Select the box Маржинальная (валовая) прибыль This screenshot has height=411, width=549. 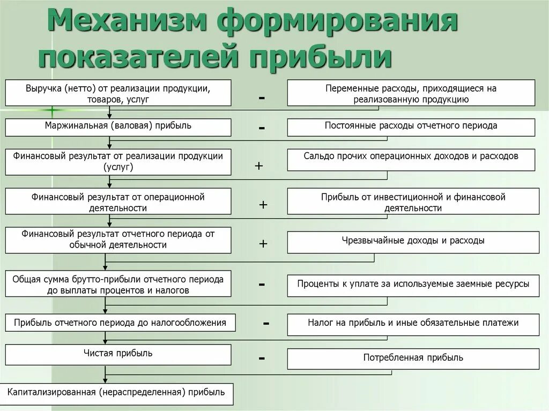[x=118, y=127]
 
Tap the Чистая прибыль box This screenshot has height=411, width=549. [x=118, y=354]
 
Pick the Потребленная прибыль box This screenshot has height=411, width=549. [x=413, y=358]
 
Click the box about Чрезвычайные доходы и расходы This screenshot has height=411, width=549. [x=413, y=242]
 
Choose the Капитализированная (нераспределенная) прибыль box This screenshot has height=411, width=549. [x=116, y=393]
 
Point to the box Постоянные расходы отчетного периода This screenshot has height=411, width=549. [x=411, y=127]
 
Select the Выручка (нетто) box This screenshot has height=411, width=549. [x=118, y=93]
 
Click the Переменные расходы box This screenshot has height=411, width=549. [x=411, y=93]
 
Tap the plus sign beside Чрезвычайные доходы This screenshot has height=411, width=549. [x=263, y=244]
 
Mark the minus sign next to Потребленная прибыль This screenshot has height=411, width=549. [x=262, y=357]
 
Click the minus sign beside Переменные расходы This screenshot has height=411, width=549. [x=262, y=98]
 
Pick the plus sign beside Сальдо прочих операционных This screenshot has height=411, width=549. [x=259, y=166]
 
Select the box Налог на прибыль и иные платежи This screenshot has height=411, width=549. [x=413, y=324]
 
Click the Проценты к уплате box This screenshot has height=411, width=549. [x=413, y=285]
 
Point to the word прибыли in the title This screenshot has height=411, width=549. [x=322, y=57]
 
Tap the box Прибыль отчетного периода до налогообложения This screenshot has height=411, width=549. [x=120, y=323]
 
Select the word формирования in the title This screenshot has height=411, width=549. [x=338, y=23]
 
